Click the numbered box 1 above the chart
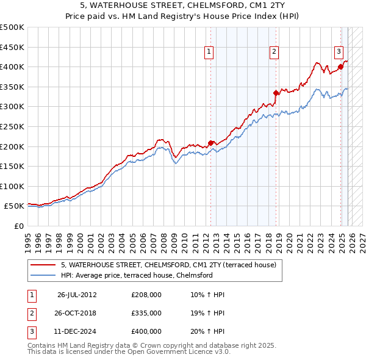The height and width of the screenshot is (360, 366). (209, 52)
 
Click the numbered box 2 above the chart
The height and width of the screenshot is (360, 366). (274, 52)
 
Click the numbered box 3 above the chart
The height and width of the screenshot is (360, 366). (339, 52)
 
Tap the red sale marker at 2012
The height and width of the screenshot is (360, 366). (211, 143)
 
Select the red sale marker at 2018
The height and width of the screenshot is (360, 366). (276, 93)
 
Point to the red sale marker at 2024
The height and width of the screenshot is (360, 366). (340, 67)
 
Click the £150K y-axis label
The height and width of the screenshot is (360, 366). (12, 166)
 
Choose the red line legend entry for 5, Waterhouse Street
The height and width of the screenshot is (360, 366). (168, 265)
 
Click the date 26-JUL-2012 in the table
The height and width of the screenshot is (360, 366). (77, 295)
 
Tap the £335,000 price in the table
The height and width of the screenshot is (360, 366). (146, 313)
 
